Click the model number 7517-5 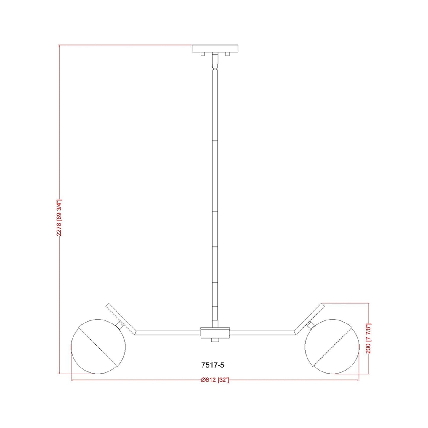tap(213, 365)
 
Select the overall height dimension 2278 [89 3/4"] tap(59, 218)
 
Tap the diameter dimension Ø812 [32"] tap(215, 380)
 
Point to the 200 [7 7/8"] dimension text tap(368, 338)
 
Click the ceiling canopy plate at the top tap(215, 49)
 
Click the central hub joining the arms tap(215, 332)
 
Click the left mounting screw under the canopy tap(203, 54)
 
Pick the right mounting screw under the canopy tap(227, 54)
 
